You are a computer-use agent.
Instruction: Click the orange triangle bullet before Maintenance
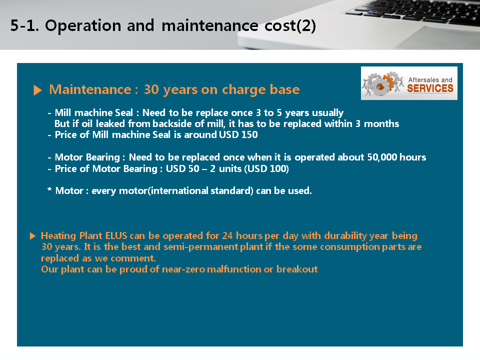pyautogui.click(x=37, y=90)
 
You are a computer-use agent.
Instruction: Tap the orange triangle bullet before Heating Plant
pyautogui.click(x=33, y=236)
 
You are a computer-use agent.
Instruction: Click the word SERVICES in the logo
pyautogui.click(x=430, y=88)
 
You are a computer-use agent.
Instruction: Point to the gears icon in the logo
pyautogui.click(x=382, y=83)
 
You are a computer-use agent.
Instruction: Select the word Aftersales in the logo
pyautogui.click(x=423, y=79)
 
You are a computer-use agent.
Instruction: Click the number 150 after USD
pyautogui.click(x=249, y=134)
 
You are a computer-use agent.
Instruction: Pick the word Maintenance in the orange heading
pyautogui.click(x=90, y=89)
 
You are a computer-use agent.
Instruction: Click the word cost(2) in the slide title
pyautogui.click(x=290, y=25)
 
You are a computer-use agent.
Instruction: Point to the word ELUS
pyautogui.click(x=116, y=235)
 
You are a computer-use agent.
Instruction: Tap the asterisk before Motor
pyautogui.click(x=49, y=190)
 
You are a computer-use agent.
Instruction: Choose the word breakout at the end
pyautogui.click(x=297, y=269)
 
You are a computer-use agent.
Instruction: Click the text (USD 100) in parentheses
pyautogui.click(x=266, y=168)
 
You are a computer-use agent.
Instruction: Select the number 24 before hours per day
pyautogui.click(x=227, y=235)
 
